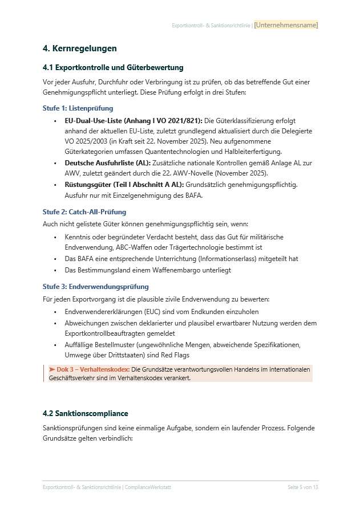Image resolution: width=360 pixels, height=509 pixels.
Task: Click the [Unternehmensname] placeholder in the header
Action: [x=286, y=25]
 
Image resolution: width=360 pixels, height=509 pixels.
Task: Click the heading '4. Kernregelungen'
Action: [x=79, y=48]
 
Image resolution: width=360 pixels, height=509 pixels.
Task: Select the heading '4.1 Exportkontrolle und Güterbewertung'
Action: [x=113, y=68]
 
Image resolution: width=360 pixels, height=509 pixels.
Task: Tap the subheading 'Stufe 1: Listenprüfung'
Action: [x=78, y=108]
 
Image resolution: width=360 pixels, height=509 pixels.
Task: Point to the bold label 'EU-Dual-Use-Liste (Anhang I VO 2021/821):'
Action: [x=134, y=121]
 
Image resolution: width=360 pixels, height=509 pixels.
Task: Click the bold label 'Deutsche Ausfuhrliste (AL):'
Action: [x=108, y=163]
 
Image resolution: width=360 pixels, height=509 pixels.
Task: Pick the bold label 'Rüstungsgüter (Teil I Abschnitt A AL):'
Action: [x=124, y=185]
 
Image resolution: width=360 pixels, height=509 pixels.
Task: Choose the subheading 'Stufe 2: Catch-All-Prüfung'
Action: [x=84, y=212]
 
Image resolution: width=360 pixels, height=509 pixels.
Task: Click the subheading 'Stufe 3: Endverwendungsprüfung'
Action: [x=95, y=287]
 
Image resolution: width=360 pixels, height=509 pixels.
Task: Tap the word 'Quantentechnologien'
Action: [x=189, y=151]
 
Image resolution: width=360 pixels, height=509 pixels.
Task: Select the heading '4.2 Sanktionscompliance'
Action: [x=85, y=413]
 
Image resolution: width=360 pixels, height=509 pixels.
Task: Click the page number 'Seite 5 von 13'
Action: [x=302, y=487]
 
